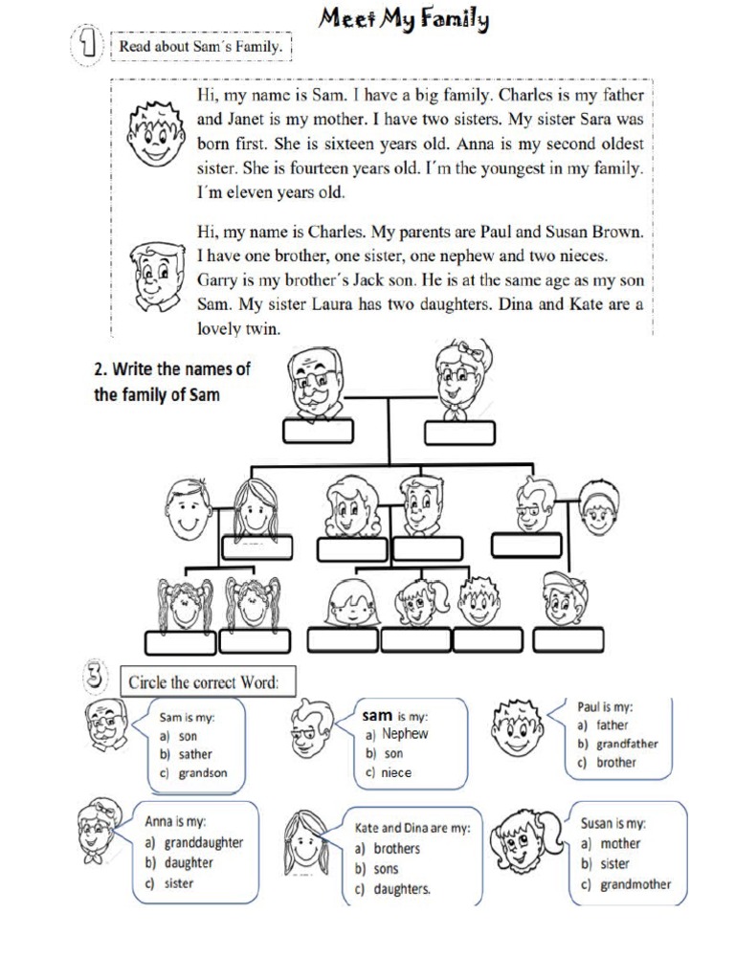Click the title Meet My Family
406,19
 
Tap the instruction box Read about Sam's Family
201,46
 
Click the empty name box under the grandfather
317,433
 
